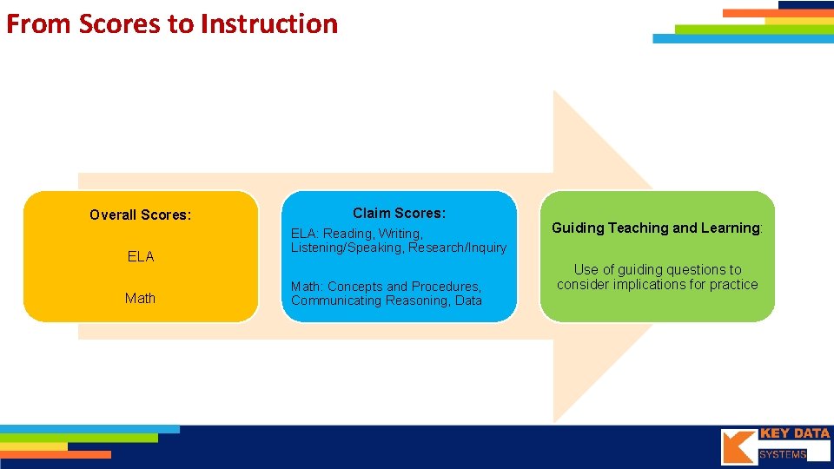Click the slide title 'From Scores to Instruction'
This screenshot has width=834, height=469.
[x=172, y=23]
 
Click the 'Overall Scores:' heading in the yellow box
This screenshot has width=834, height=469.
[x=141, y=215]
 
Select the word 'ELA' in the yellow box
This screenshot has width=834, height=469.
[x=141, y=256]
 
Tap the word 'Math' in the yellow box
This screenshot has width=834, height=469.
[x=141, y=298]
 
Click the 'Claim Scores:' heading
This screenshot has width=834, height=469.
[x=399, y=213]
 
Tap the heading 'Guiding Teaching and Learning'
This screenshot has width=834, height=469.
[x=656, y=228]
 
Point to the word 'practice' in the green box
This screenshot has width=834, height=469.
[x=731, y=285]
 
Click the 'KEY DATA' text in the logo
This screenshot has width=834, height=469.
[x=794, y=433]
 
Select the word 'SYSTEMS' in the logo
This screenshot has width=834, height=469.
[x=783, y=454]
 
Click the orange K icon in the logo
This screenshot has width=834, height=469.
[x=738, y=447]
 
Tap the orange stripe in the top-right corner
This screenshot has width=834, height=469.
[x=764, y=13]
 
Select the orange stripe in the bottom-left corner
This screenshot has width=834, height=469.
[x=56, y=454]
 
